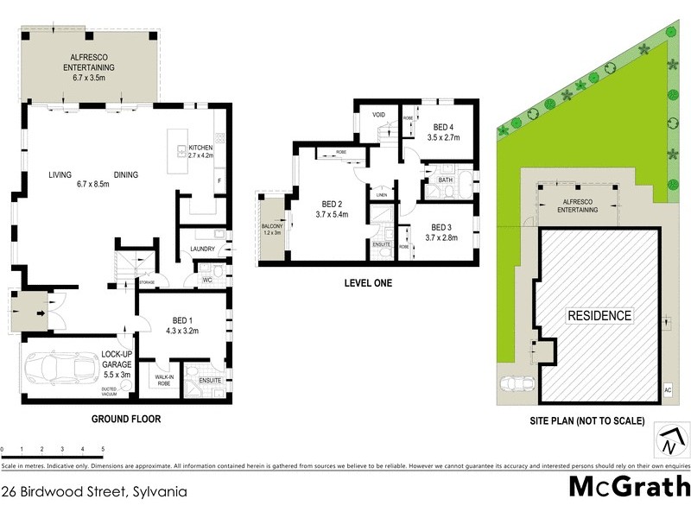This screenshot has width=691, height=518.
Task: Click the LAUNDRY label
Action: point(202,250)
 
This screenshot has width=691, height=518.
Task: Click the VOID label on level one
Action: point(378,115)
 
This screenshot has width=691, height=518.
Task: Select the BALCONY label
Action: point(272,229)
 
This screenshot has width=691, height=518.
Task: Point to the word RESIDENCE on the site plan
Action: point(599,315)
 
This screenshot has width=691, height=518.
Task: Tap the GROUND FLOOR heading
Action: point(126,420)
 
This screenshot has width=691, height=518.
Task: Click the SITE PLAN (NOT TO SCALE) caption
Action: point(587,421)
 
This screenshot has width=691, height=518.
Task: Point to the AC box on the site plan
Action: point(667,390)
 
